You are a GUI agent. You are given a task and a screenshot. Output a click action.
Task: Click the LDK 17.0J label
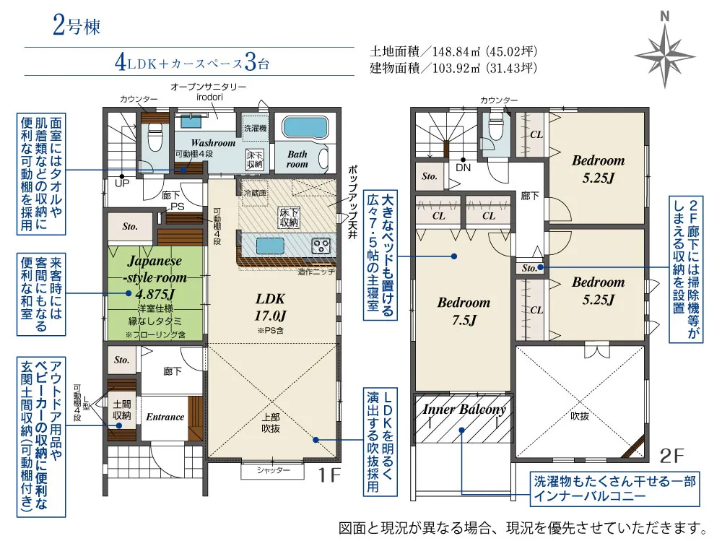tap(271, 306)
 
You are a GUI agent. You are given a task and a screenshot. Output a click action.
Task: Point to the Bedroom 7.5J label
tap(463, 311)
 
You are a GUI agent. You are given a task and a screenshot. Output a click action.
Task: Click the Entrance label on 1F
tap(165, 417)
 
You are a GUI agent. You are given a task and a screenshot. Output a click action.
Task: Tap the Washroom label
tap(213, 143)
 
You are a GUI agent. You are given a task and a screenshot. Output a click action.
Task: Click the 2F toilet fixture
tap(496, 131)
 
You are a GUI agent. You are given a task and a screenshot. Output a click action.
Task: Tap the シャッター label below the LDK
tap(273, 470)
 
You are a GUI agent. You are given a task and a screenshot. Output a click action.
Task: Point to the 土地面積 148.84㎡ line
tap(453, 52)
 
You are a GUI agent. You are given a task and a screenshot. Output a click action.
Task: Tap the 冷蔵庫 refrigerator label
tap(255, 193)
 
